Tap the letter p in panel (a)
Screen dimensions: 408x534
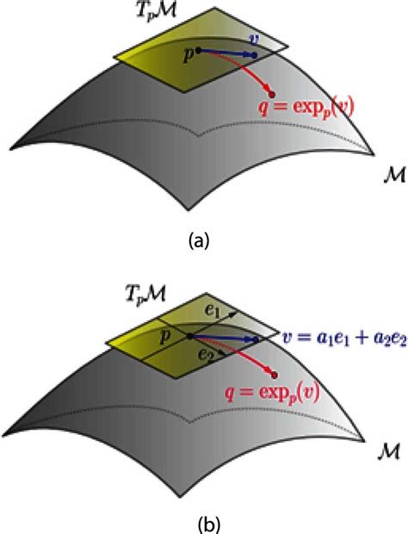tap(188, 55)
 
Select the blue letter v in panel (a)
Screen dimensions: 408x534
tap(253, 39)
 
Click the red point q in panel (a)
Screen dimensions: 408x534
tap(272, 95)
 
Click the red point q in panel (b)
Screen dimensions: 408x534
tap(275, 375)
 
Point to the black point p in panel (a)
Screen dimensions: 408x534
tap(199, 51)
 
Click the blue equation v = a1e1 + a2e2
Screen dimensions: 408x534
tap(344, 339)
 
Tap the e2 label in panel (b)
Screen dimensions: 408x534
tap(206, 355)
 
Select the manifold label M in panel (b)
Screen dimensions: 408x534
tap(388, 452)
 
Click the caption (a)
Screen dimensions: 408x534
tap(200, 241)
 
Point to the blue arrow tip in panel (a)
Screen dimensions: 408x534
tap(255, 55)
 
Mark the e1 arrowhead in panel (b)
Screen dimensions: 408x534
tap(233, 314)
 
